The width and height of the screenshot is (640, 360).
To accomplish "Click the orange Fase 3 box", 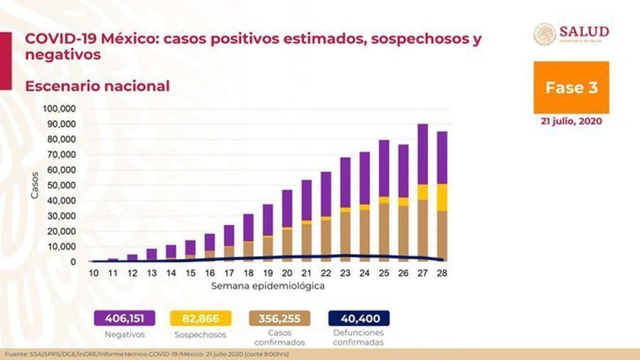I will coord(571,88).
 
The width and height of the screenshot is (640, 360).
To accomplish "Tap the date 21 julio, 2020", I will coord(571,121).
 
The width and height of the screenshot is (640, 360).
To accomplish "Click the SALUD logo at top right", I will coord(572,34).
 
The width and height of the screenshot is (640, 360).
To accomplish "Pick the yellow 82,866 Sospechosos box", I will coord(201,318).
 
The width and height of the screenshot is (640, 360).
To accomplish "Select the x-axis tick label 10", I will coord(93,273).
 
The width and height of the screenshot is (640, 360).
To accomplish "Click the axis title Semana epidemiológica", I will coord(268,286).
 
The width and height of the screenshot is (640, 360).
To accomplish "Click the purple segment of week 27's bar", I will coord(422,154).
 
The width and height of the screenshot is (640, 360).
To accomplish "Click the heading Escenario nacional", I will coord(97,86).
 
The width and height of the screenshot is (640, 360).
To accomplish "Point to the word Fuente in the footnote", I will coord(16,354).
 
